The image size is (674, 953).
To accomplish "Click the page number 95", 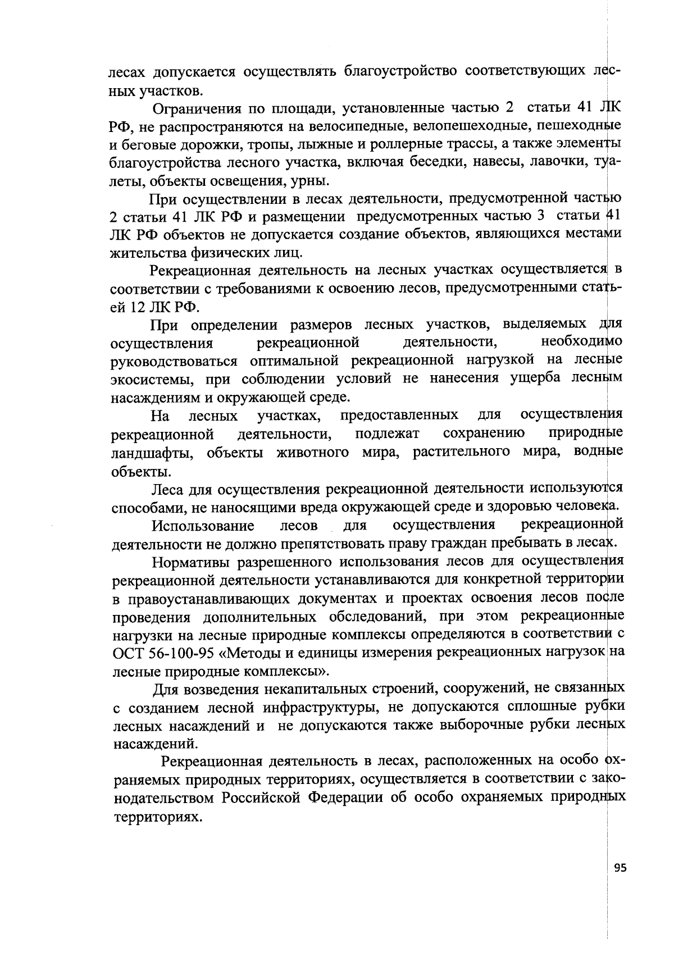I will point(620,883).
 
